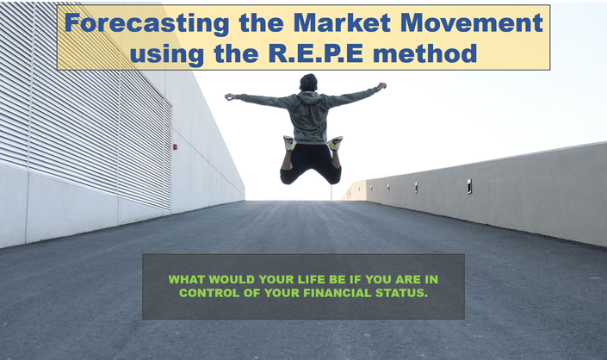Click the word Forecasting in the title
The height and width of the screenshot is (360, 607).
tap(146, 23)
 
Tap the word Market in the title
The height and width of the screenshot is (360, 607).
tap(342, 22)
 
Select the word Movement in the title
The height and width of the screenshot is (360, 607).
tap(472, 22)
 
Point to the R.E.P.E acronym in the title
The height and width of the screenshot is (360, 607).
tap(315, 53)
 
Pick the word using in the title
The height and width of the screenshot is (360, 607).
tap(167, 54)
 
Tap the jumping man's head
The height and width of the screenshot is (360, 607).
tap(308, 83)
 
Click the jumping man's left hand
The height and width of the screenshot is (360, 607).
tap(230, 96)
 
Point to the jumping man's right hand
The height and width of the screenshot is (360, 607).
tap(381, 86)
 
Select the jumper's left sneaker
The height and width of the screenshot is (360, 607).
tap(289, 143)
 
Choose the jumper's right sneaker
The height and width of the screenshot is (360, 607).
tap(335, 143)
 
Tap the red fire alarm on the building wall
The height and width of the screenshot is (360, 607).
tap(175, 146)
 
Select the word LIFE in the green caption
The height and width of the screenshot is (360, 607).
tap(312, 279)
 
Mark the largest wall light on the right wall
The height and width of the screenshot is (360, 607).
tap(469, 186)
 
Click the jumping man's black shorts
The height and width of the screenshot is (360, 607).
tap(311, 164)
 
